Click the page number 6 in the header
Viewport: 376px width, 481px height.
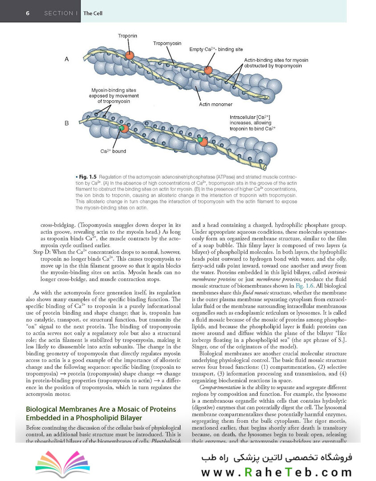click(x=28, y=13)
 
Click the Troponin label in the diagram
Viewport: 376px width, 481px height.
click(x=127, y=35)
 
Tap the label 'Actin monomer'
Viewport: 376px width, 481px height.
click(x=216, y=105)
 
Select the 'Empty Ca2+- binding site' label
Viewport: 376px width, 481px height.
click(x=216, y=49)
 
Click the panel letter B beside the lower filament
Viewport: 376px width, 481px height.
click(x=67, y=123)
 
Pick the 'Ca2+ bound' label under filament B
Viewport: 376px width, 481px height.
click(x=113, y=151)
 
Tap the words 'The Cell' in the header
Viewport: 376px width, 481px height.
click(x=93, y=13)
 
